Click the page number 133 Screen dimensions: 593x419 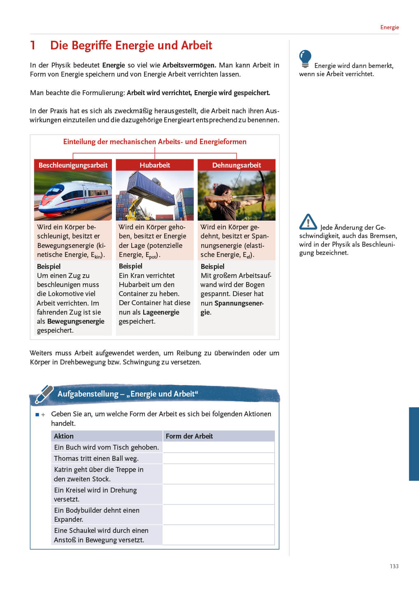point(394,566)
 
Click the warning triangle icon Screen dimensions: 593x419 point(308,222)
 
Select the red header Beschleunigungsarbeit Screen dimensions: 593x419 point(73,165)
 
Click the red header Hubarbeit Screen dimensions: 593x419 point(155,165)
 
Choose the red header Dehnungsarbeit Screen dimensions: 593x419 point(236,165)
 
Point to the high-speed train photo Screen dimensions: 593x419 point(73,196)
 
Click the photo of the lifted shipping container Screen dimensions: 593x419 point(155,196)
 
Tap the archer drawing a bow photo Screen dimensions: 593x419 point(236,196)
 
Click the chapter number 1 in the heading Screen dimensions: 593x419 point(33,45)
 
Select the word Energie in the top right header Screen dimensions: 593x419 point(389,27)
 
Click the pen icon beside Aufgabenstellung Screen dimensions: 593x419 point(44,394)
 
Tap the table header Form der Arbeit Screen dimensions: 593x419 point(189,436)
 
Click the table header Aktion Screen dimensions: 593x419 point(64,436)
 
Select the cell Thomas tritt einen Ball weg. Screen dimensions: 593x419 point(96,458)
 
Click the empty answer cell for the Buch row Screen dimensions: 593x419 point(219,447)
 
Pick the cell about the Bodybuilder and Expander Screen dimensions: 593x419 point(97,515)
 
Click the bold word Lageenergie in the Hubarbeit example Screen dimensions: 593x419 point(161,312)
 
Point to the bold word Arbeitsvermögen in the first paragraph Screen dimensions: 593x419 point(189,65)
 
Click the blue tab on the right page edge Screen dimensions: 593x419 point(414,444)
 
